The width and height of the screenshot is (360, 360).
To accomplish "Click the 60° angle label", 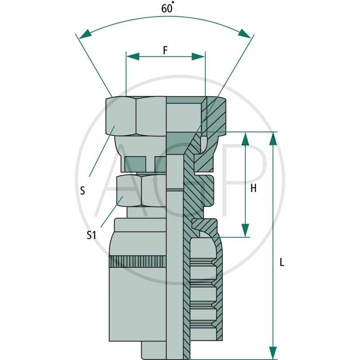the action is point(167,7).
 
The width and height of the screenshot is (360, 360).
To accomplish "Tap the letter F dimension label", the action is point(165,50).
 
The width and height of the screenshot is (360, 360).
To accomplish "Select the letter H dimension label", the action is point(253,188).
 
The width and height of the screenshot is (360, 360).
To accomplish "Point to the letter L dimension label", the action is point(282,262).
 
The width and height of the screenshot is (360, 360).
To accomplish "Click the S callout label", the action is point(83,190).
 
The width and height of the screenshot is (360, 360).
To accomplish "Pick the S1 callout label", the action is point(91,235).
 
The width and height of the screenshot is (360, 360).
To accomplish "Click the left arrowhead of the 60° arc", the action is point(85,34).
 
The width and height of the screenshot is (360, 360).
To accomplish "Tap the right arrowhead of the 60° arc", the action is point(244,33).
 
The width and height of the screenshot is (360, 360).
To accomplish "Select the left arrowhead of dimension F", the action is point(133,57).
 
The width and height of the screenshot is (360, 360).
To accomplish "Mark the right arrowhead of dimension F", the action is point(198,57).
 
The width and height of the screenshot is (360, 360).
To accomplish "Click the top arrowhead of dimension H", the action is point(245,139).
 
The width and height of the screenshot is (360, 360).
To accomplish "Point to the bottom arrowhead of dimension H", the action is point(245,230).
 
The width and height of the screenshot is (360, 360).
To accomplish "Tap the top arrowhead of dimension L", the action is point(273,139).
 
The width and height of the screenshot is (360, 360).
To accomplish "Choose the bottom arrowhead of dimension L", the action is point(273,353).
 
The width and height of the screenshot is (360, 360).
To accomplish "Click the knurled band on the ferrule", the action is point(138,261).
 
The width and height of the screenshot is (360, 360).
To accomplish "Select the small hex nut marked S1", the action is point(141,190).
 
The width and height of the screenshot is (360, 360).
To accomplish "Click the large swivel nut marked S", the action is point(136,116).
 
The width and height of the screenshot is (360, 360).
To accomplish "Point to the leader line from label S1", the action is point(112,211).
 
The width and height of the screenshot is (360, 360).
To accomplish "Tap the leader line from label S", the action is point(102,151).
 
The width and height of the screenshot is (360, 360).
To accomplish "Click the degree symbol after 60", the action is point(173,3).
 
